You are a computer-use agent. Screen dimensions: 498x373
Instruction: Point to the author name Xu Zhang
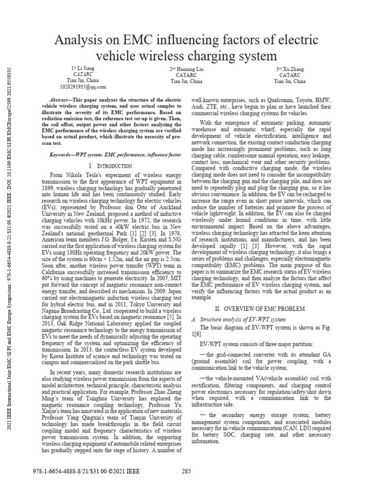(292, 70)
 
